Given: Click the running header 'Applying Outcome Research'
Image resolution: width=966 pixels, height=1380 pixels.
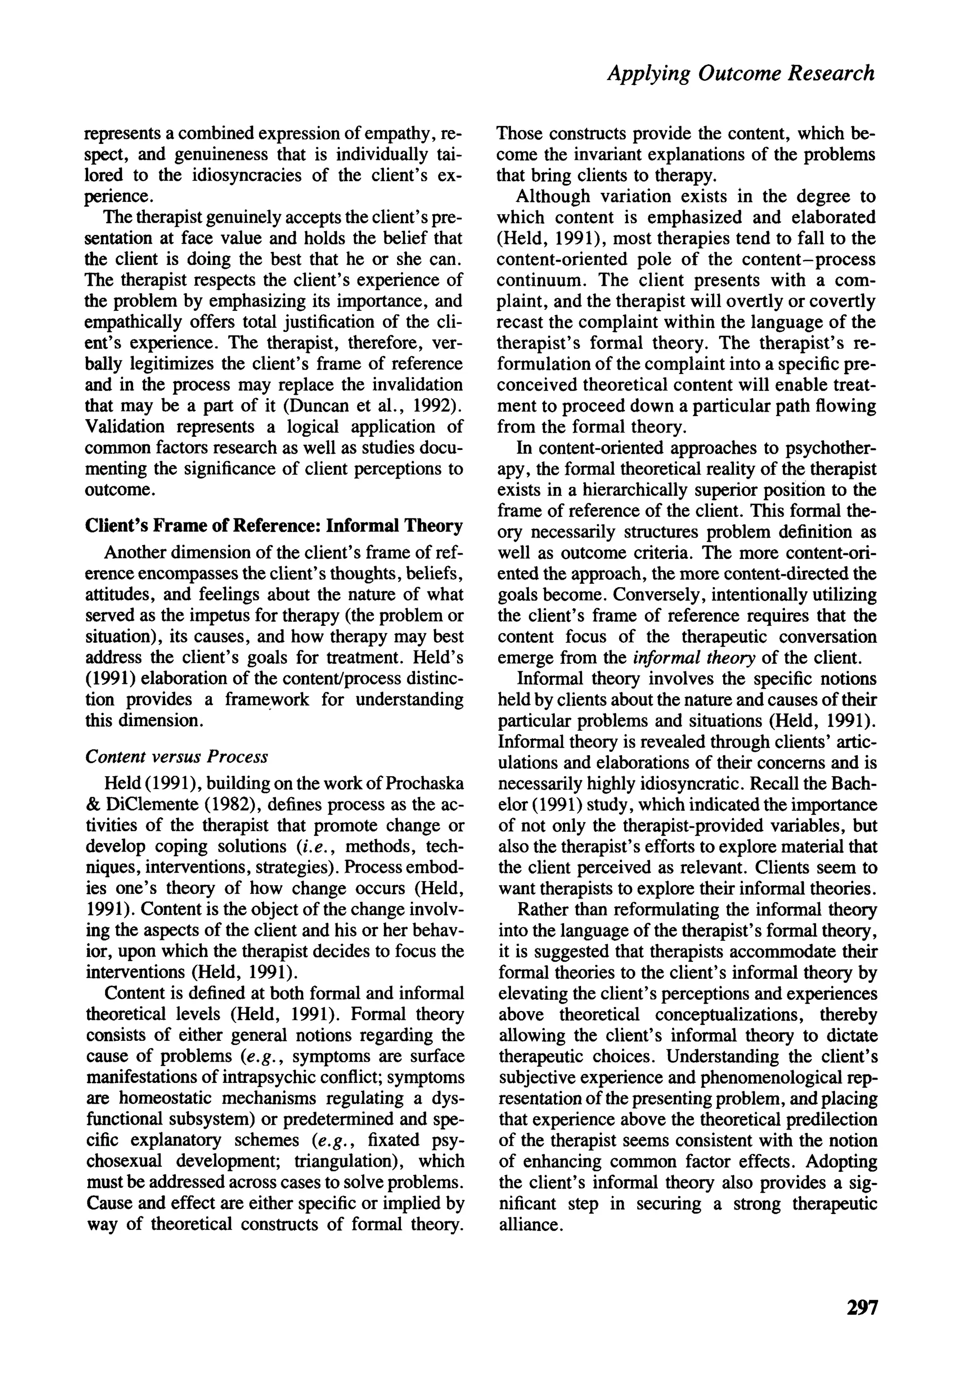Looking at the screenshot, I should click(x=741, y=73).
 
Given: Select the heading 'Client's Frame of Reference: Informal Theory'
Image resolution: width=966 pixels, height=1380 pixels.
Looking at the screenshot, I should click(x=274, y=525).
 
